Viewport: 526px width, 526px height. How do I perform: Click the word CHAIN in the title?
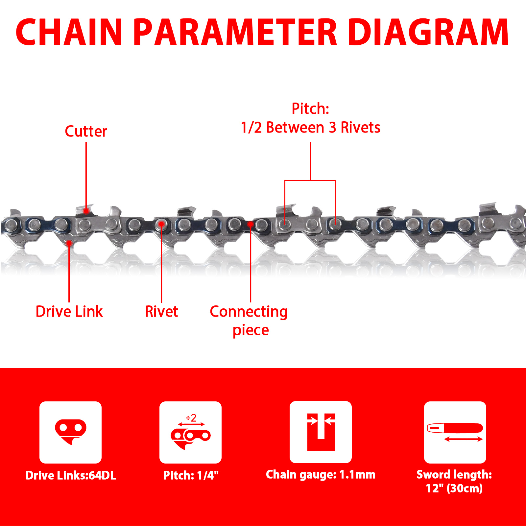tap(69, 32)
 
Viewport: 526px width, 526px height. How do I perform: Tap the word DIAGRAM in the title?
tap(428, 32)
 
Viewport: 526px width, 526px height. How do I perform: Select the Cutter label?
tap(86, 131)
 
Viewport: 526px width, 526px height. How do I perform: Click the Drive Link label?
tap(69, 311)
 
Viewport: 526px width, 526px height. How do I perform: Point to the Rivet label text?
tap(161, 311)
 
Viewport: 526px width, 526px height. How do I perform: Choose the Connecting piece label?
tap(249, 321)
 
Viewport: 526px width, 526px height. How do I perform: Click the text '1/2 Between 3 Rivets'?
tap(310, 128)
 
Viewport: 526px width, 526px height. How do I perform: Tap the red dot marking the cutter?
tap(86, 211)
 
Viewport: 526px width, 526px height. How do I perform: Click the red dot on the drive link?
tap(69, 243)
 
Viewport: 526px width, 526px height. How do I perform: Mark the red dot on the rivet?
tap(161, 224)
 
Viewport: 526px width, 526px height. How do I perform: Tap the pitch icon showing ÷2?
tap(190, 432)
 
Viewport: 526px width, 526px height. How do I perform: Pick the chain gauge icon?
tap(321, 432)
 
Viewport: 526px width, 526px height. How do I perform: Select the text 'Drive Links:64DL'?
tap(71, 475)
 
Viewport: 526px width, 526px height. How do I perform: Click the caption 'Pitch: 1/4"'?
tap(191, 475)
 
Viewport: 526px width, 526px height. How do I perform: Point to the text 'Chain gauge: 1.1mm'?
tap(321, 475)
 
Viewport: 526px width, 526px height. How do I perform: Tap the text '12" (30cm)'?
tap(454, 488)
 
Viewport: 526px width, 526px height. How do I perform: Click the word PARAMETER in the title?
tap(235, 32)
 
